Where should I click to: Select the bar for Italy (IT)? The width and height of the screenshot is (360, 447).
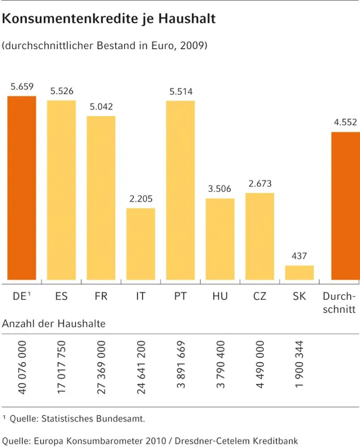point(141,244)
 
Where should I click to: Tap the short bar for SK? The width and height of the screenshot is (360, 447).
point(299,273)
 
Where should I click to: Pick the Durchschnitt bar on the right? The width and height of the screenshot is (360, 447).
point(346,206)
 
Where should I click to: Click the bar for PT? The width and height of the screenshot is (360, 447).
point(180,190)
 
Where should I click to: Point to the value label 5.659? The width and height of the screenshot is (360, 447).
point(22,87)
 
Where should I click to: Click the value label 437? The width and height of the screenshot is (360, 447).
point(299,257)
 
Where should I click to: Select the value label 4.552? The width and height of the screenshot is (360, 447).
point(345,123)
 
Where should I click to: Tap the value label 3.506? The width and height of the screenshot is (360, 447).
point(220,189)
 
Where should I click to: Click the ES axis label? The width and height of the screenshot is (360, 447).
point(62,297)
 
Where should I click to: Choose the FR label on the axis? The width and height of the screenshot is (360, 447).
point(101,297)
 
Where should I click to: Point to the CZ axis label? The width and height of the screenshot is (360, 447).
point(260,297)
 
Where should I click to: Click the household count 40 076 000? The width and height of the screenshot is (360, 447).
point(22,368)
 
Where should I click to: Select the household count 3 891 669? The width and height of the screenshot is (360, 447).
point(181,364)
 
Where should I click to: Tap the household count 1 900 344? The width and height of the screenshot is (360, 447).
point(299,364)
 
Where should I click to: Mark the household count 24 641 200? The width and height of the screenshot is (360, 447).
point(141,368)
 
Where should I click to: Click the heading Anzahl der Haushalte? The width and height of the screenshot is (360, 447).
point(54,324)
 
